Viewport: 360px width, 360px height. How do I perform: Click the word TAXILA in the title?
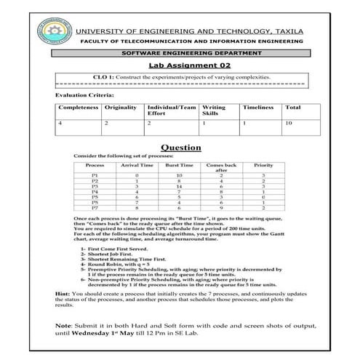310,32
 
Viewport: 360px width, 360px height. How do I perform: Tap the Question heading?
180,146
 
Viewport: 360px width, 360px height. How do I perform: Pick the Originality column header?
121,108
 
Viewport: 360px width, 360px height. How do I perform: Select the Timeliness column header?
257,108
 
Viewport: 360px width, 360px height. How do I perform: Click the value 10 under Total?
289,124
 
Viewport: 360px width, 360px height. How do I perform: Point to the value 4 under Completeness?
60,124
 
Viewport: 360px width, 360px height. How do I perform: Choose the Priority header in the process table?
263,165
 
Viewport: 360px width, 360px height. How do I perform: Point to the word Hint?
63,292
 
